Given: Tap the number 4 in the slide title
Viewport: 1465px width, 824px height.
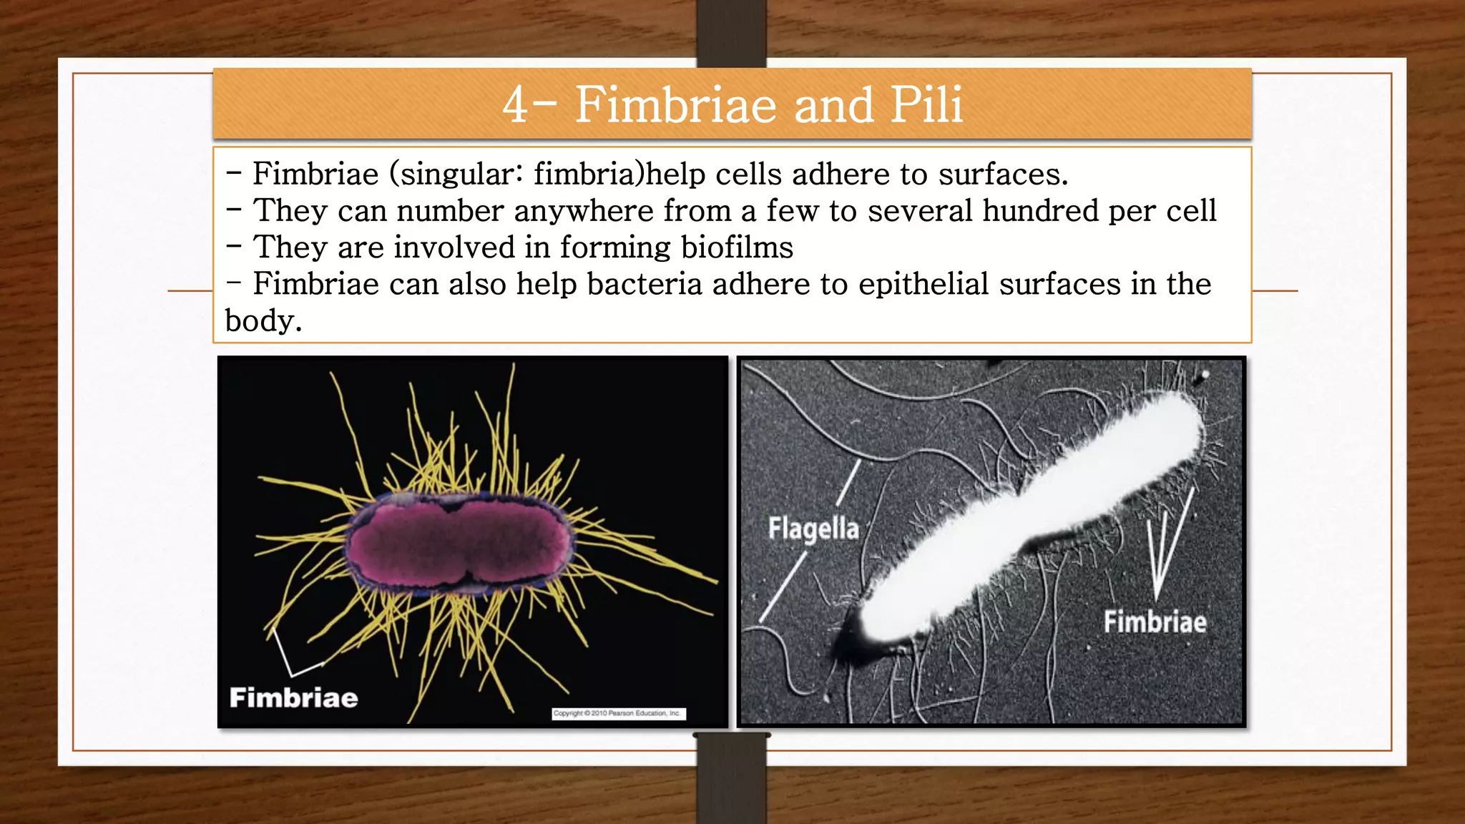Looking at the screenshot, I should (x=515, y=105).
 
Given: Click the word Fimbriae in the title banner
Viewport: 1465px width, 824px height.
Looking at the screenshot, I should (x=675, y=104).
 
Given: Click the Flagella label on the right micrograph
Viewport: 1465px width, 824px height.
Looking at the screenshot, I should (x=813, y=529).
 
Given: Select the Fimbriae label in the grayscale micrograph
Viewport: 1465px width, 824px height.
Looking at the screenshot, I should (x=1155, y=622).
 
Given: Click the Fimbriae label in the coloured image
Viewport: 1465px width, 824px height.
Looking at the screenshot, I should (x=293, y=697).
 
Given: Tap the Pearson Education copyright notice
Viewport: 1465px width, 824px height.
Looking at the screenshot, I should (x=619, y=713).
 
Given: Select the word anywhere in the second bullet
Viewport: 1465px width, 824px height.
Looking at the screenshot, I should (x=583, y=211).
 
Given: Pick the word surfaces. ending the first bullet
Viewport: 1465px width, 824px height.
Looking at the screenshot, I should (x=1003, y=175).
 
